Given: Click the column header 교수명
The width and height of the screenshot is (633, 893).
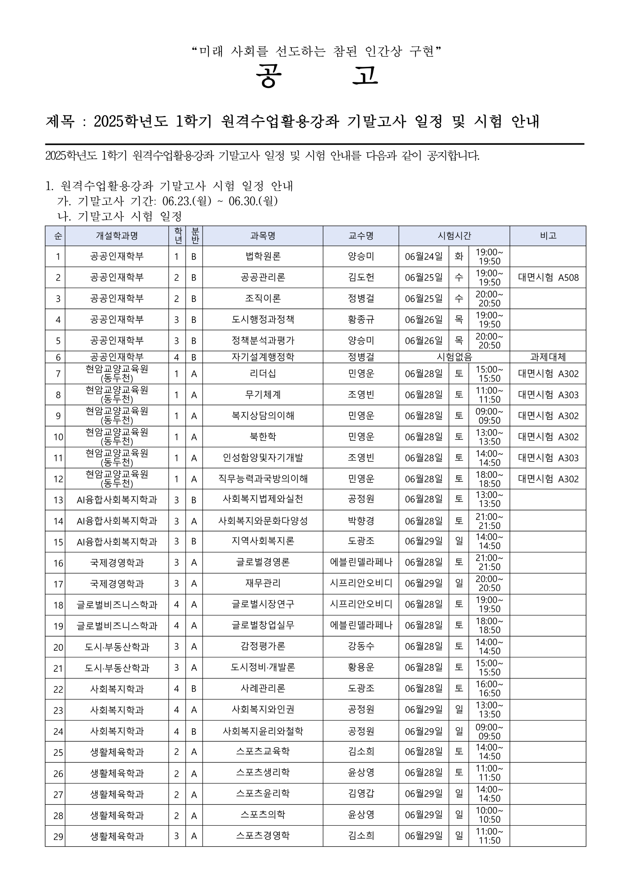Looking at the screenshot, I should [x=361, y=236].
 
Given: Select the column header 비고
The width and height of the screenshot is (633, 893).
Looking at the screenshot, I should [x=547, y=236].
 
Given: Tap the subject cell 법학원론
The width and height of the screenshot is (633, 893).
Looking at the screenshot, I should [x=263, y=257].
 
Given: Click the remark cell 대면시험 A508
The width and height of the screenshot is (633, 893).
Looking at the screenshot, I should [x=548, y=277].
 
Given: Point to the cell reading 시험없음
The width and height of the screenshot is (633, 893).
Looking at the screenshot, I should [x=454, y=357].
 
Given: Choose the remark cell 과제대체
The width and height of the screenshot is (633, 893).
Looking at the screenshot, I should [x=548, y=357].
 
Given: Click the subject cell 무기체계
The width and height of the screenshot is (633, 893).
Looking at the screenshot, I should [x=263, y=395].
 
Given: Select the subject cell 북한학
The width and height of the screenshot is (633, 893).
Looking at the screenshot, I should [x=263, y=437].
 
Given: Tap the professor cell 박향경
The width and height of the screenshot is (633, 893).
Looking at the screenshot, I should [x=361, y=521].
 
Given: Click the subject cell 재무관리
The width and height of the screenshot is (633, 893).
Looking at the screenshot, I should [x=263, y=583].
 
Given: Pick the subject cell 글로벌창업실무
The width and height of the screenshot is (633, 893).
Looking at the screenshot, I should [x=263, y=626].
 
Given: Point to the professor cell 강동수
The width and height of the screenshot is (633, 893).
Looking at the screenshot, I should [x=361, y=647].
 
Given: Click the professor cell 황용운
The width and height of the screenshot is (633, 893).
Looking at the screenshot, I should [x=361, y=668].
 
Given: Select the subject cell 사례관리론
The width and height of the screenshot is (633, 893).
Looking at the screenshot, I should [x=263, y=689].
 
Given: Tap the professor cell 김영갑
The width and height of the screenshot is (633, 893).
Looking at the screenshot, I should [x=361, y=794].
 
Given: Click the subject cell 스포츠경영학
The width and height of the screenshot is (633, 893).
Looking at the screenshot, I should [x=263, y=836].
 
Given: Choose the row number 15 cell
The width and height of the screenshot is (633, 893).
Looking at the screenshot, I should [x=58, y=542].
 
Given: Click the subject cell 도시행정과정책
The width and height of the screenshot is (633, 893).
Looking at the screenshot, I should [x=263, y=319].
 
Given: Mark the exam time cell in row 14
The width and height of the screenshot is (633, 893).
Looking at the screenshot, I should [x=489, y=521].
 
